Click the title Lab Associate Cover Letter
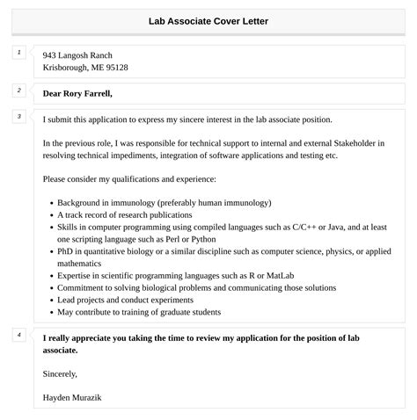208,20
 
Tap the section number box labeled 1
19,54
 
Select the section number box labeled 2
19,91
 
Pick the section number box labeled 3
19,117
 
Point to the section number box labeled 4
19,336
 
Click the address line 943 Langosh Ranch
77,55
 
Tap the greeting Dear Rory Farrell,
77,93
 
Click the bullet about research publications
124,214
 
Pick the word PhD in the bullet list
67,250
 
